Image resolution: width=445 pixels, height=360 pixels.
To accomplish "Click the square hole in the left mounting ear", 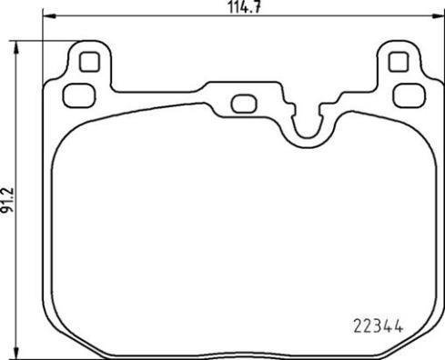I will pyautogui.click(x=89, y=62).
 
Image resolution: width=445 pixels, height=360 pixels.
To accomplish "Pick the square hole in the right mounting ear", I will pyautogui.click(x=396, y=62).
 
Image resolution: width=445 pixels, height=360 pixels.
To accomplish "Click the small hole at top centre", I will pyautogui.click(x=242, y=103).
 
